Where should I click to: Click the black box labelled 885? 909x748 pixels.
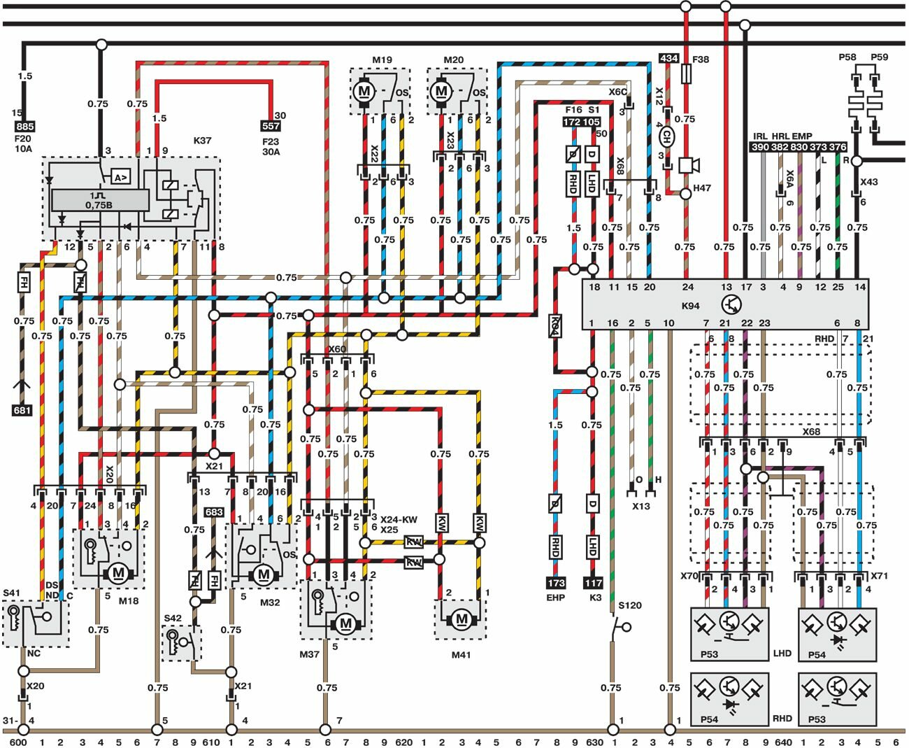tap(24, 127)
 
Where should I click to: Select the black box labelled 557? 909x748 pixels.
tap(270, 127)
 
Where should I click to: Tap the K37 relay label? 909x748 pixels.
tap(202, 141)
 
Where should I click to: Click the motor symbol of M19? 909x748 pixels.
tap(364, 90)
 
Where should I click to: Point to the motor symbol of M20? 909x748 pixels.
tap(441, 90)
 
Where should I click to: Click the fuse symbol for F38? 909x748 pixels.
tap(686, 73)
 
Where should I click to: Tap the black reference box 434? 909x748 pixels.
tap(668, 58)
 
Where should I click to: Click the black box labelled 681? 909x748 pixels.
tap(22, 410)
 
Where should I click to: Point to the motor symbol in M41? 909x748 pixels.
tap(461, 619)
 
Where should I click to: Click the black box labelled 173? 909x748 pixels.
tap(555, 582)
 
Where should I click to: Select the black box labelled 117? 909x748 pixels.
tap(593, 582)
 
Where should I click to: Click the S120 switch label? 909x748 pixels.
tap(629, 605)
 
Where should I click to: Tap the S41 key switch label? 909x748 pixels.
tap(12, 593)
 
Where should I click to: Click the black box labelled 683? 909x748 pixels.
tap(214, 512)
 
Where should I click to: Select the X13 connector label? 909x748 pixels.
tap(640, 506)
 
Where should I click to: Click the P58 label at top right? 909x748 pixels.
tap(847, 57)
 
